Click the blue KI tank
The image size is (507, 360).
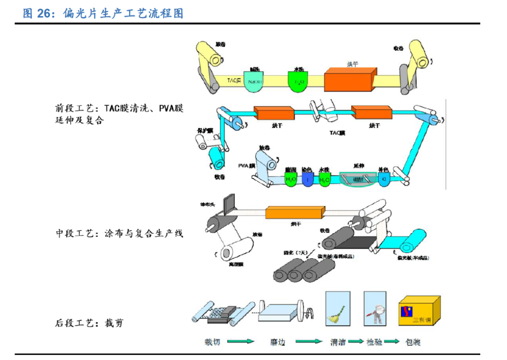tap(384, 179)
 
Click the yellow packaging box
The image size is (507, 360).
tap(419, 311)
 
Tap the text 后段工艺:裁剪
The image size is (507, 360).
tap(89, 323)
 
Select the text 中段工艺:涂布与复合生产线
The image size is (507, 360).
tap(119, 233)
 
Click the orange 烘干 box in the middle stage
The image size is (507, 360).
tap(295, 213)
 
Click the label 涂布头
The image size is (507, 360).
tap(208, 205)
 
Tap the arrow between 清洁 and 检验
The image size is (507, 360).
tap(356, 342)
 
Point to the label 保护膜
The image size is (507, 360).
tap(205, 130)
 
